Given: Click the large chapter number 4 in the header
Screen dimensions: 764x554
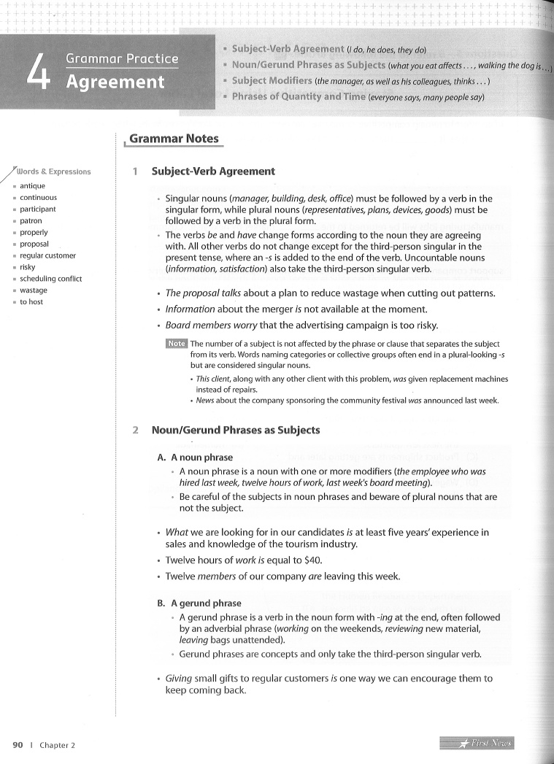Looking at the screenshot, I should coord(37,70).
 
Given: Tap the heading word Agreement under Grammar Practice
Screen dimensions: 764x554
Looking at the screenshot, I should coord(115,82).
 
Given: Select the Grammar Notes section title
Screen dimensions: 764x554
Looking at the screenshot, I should coord(174,138).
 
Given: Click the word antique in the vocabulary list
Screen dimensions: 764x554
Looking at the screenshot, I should coord(32,186).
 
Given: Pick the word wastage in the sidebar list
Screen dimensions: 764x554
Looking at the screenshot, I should coord(34,290).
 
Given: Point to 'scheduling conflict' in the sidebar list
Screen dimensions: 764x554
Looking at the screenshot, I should coord(51,279).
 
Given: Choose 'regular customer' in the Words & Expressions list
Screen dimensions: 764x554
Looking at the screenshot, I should coord(47,255).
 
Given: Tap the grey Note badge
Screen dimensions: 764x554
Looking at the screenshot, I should coord(177,344).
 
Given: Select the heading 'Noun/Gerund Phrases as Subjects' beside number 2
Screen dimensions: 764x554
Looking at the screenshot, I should coord(235,430).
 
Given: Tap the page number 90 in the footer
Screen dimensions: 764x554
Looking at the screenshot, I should coord(18,745).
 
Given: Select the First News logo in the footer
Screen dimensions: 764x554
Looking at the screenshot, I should coord(477,744).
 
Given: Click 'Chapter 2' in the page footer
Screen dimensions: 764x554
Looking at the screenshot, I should coord(57,745).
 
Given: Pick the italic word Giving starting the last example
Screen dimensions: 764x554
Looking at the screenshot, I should coord(178,679).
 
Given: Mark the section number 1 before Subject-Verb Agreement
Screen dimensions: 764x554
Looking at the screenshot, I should coord(136,171).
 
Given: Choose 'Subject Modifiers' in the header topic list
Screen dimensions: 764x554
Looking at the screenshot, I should coord(273,80).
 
